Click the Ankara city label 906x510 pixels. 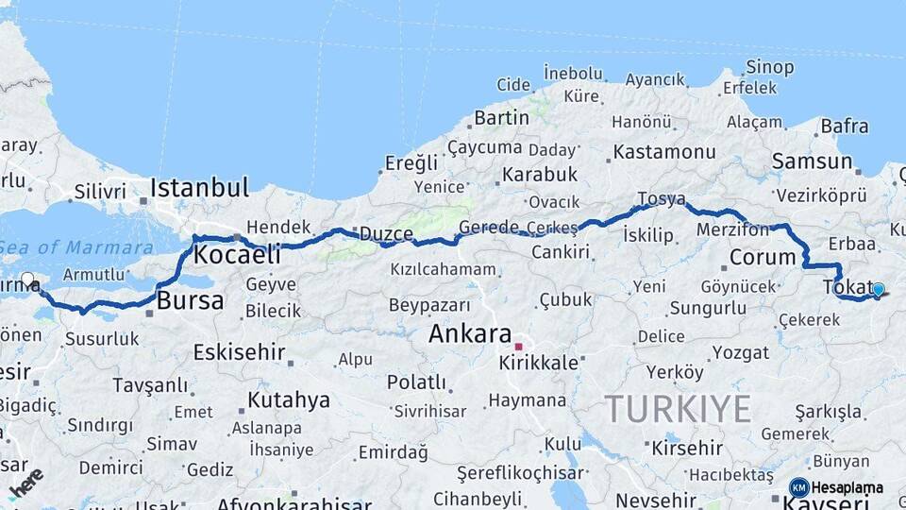click(469, 333)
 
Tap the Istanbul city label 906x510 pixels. click(199, 186)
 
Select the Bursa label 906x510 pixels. click(190, 301)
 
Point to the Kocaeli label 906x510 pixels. click(237, 254)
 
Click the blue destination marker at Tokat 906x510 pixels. click(878, 290)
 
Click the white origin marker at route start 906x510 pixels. click(27, 280)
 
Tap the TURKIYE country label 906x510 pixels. click(678, 408)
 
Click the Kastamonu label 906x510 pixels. click(663, 151)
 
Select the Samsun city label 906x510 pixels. click(812, 161)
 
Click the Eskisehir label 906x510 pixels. click(239, 352)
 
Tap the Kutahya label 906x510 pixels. click(289, 399)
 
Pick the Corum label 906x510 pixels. click(763, 257)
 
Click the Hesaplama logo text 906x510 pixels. click(847, 487)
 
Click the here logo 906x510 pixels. click(25, 481)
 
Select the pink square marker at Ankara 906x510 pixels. click(518, 347)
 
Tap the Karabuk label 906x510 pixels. click(539, 175)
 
